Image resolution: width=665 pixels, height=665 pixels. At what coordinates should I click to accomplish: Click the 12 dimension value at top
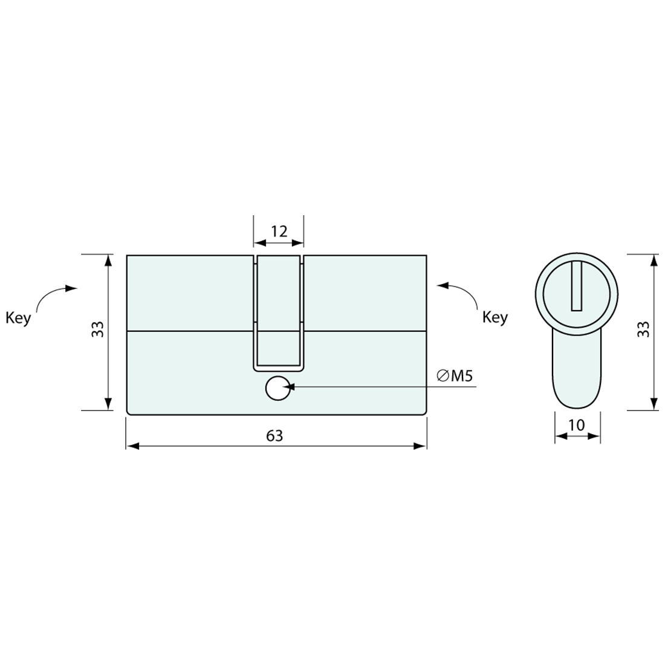(278, 231)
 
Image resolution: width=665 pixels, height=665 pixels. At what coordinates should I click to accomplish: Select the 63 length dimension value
(274, 435)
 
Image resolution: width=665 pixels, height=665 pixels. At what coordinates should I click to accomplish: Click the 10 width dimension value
(577, 425)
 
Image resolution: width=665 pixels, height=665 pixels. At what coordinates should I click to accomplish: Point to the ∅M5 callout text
(454, 376)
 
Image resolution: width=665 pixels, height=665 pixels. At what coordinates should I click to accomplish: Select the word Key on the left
(18, 318)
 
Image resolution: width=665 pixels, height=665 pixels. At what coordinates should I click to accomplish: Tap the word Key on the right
(495, 317)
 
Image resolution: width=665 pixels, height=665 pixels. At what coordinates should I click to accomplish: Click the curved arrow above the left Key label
(54, 294)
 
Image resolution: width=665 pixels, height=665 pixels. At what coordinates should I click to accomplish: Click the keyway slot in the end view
(577, 286)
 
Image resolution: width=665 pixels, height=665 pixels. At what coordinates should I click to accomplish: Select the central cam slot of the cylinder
(278, 311)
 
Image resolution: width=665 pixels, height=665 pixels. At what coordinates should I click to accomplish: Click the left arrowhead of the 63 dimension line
(133, 446)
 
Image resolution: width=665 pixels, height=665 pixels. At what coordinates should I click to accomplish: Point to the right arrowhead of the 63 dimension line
(420, 446)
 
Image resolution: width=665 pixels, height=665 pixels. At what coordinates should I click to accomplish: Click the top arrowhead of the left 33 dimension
(108, 261)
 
